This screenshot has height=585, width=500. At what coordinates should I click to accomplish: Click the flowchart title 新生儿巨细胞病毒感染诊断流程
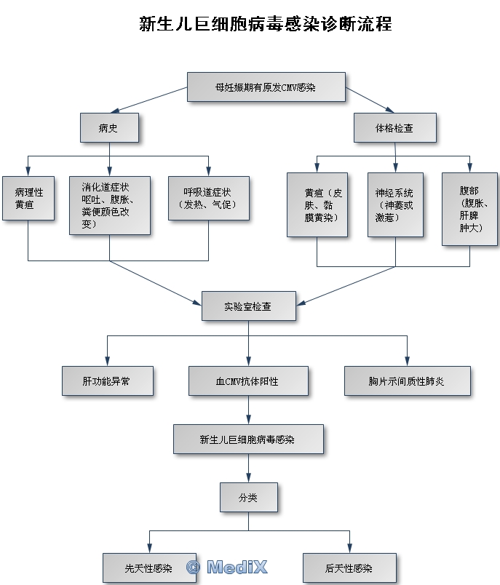[x=265, y=25]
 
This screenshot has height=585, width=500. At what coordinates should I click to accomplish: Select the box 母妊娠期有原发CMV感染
[x=265, y=87]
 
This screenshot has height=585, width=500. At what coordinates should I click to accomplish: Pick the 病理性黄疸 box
[x=28, y=198]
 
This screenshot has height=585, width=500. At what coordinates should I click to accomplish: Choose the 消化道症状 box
[x=109, y=204]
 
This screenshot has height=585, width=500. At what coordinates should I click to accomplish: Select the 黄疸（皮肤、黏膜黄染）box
[x=317, y=204]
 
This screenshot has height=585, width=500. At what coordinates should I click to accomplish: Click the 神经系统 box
[x=394, y=204]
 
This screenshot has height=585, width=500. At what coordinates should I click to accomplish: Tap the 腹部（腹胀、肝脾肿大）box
[x=469, y=209]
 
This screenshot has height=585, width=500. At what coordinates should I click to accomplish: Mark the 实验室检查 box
[x=248, y=306]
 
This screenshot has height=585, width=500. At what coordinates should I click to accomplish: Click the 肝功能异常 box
[x=107, y=381]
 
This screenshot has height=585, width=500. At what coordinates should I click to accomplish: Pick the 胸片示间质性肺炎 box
[x=407, y=381]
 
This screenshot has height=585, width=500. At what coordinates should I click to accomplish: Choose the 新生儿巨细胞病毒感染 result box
[x=247, y=439]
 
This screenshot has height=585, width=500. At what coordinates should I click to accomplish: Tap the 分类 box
[x=248, y=498]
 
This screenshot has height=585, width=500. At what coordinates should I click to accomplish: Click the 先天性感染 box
[x=148, y=568]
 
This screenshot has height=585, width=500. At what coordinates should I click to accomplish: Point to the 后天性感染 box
[x=349, y=568]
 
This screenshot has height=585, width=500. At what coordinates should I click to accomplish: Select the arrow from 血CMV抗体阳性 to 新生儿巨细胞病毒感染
[x=248, y=410]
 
